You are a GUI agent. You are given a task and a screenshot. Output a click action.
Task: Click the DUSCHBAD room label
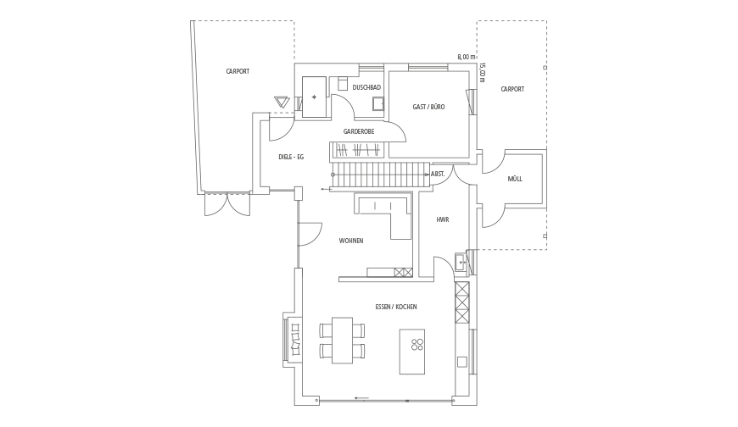click(x=366, y=87)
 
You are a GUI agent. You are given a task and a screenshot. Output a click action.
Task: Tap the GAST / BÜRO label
click(x=428, y=107)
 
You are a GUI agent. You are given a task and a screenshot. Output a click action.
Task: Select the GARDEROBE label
click(x=359, y=131)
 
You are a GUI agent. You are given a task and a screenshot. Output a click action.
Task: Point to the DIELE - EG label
click(x=291, y=157)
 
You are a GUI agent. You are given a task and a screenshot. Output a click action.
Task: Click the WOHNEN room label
click(x=351, y=241)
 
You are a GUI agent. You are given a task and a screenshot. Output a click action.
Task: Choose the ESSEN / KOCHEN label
click(x=396, y=307)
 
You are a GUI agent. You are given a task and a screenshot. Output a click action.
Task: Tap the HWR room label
click(x=443, y=219)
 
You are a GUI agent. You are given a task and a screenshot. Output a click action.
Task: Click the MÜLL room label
click(x=515, y=179)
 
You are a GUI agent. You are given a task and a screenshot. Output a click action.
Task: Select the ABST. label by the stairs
click(x=438, y=174)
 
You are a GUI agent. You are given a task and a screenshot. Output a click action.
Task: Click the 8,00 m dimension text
click(x=467, y=57)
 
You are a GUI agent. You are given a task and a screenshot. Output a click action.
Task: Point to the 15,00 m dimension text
click(x=482, y=73)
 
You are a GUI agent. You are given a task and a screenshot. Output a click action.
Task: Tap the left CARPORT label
click(x=238, y=71)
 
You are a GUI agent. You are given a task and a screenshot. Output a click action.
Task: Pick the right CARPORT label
click(x=512, y=89)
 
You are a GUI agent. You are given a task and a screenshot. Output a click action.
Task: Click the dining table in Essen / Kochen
click(x=342, y=340)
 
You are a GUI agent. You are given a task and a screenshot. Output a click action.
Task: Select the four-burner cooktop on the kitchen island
click(x=417, y=344)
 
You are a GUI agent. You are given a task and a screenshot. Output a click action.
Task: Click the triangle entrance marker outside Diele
click(x=282, y=102)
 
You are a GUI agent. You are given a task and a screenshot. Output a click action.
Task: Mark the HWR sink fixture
click(x=461, y=262)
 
